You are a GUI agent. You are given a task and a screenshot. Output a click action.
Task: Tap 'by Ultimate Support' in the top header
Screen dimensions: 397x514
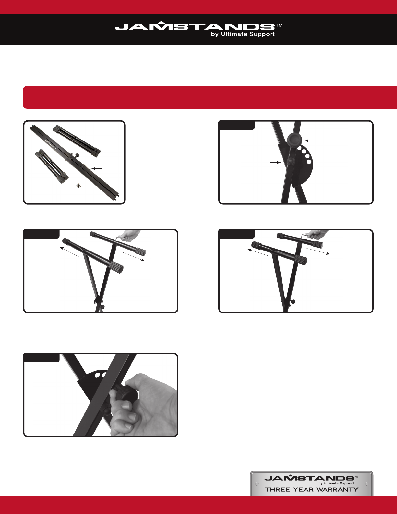click(243, 34)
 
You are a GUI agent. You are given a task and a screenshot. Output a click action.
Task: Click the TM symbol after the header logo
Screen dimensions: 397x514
click(279, 25)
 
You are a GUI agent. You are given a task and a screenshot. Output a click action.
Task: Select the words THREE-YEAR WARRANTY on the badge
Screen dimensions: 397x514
click(311, 489)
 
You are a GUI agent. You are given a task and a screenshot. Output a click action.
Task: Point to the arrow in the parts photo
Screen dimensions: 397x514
click(97, 169)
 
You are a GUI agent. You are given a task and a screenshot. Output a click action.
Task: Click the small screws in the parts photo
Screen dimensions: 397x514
click(78, 186)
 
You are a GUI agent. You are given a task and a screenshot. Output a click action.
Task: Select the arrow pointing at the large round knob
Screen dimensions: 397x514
click(310, 141)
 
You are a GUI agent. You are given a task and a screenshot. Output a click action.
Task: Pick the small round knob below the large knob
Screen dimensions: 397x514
click(290, 161)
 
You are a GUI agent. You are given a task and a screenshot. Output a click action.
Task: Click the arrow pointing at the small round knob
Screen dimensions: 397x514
click(275, 163)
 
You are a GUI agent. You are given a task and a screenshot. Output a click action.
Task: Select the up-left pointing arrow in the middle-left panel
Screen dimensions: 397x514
click(69, 252)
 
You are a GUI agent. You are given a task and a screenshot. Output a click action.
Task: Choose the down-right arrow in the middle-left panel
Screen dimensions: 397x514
click(133, 256)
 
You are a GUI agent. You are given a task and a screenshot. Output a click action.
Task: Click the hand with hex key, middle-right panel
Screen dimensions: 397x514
click(318, 234)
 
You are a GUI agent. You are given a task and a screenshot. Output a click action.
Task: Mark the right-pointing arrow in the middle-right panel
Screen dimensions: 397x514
click(317, 251)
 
